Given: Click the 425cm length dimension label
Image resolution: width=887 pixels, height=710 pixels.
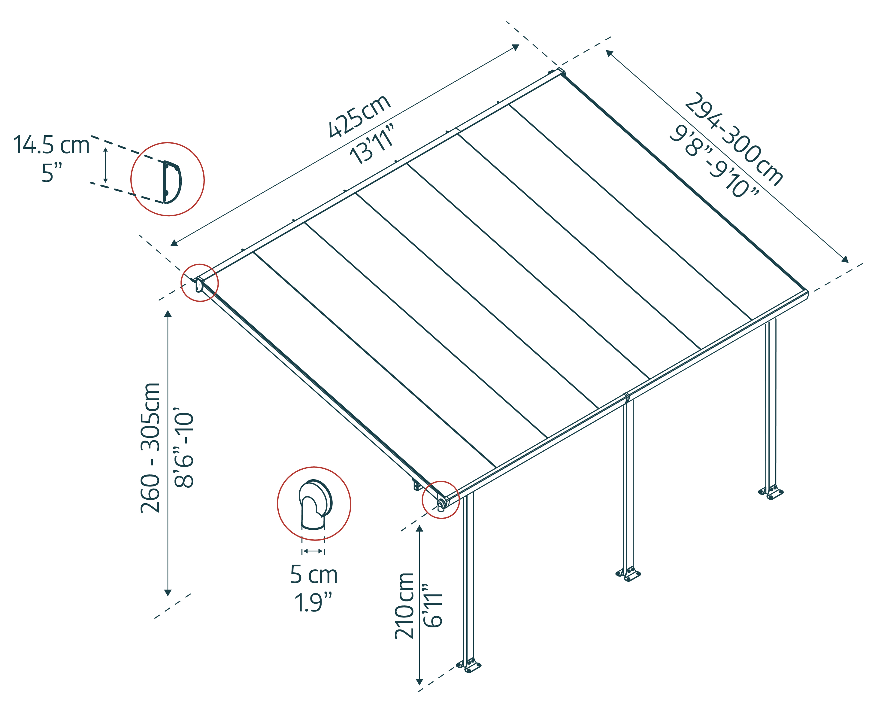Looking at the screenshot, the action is point(359,116).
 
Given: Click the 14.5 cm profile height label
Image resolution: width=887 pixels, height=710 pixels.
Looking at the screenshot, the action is point(51,145).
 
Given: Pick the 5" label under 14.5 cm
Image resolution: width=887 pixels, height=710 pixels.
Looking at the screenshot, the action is point(51,173).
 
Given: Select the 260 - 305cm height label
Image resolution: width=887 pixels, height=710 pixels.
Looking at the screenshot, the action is point(150,448).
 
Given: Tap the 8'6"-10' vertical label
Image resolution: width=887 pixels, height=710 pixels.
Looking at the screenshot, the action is point(184,448).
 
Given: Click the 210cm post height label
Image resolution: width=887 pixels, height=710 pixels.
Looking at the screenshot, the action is point(404,605).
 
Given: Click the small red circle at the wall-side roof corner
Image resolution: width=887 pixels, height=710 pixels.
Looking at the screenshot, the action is point(200,283).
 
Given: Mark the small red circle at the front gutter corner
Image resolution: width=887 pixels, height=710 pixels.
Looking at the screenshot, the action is point(440,500).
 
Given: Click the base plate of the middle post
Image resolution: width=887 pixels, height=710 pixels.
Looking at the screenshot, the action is point(628,574).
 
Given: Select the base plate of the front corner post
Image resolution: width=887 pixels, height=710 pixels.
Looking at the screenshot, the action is point(469,666).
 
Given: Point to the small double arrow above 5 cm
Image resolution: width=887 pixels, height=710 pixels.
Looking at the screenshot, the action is point(313,551).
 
